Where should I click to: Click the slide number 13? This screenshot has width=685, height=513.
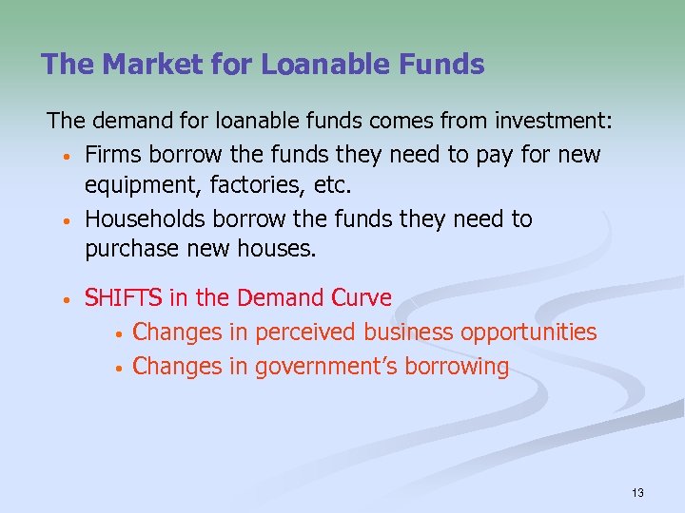pos(637,493)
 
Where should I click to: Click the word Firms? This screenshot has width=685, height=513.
pos(112,154)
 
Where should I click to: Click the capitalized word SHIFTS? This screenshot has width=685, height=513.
pos(124,298)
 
